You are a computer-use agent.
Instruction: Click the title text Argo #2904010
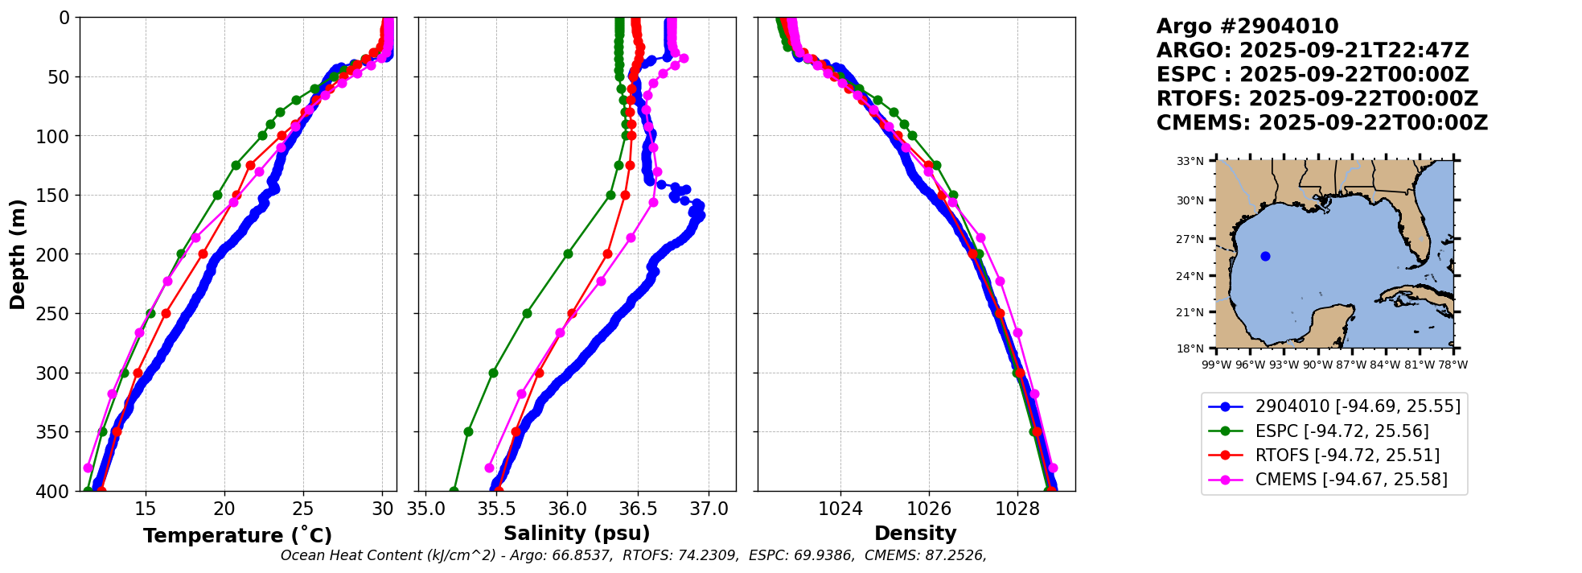(x=1247, y=27)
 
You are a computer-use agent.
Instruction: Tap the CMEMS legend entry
(x=1350, y=480)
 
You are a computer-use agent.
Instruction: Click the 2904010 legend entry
(x=1358, y=406)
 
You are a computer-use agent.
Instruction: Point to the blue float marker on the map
(x=1265, y=256)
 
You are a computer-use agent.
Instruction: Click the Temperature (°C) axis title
(x=237, y=536)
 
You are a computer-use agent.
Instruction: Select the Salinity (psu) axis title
(x=577, y=534)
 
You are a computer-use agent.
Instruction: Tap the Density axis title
(x=915, y=534)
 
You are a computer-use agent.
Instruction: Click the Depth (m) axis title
(x=17, y=254)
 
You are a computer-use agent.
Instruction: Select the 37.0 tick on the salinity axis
(x=709, y=509)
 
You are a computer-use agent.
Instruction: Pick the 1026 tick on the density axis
(x=929, y=509)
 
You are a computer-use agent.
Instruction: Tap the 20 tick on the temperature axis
(x=224, y=509)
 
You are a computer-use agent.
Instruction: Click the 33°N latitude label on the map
(x=1190, y=161)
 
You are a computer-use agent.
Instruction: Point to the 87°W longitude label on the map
(x=1351, y=365)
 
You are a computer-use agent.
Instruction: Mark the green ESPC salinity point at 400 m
(x=454, y=491)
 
